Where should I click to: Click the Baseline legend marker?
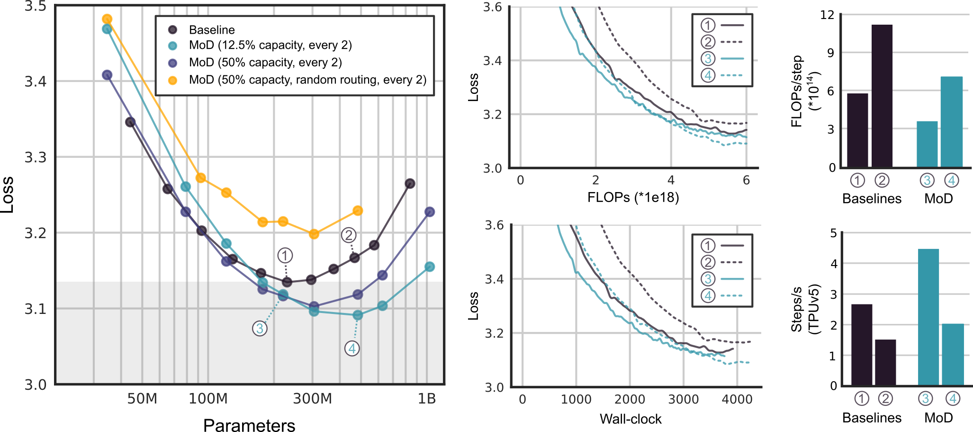click(x=173, y=30)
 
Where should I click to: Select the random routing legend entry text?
click(x=307, y=80)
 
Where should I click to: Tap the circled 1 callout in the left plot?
click(x=285, y=256)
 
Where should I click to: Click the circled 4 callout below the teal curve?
click(x=351, y=349)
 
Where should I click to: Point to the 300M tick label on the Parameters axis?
click(x=312, y=399)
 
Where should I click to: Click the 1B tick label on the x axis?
click(x=426, y=399)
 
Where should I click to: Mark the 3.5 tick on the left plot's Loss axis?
click(x=36, y=7)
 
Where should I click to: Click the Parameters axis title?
click(x=249, y=425)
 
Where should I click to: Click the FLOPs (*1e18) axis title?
click(x=633, y=197)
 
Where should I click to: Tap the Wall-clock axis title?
click(x=631, y=419)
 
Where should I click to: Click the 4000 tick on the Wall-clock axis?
click(x=737, y=399)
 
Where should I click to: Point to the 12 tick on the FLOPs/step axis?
click(x=827, y=15)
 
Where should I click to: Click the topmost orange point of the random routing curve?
click(x=107, y=19)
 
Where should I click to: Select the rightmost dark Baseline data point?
click(x=410, y=184)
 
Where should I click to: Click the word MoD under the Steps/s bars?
click(x=938, y=417)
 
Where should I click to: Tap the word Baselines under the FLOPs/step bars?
click(x=872, y=198)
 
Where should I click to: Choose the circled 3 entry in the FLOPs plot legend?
click(x=708, y=58)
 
